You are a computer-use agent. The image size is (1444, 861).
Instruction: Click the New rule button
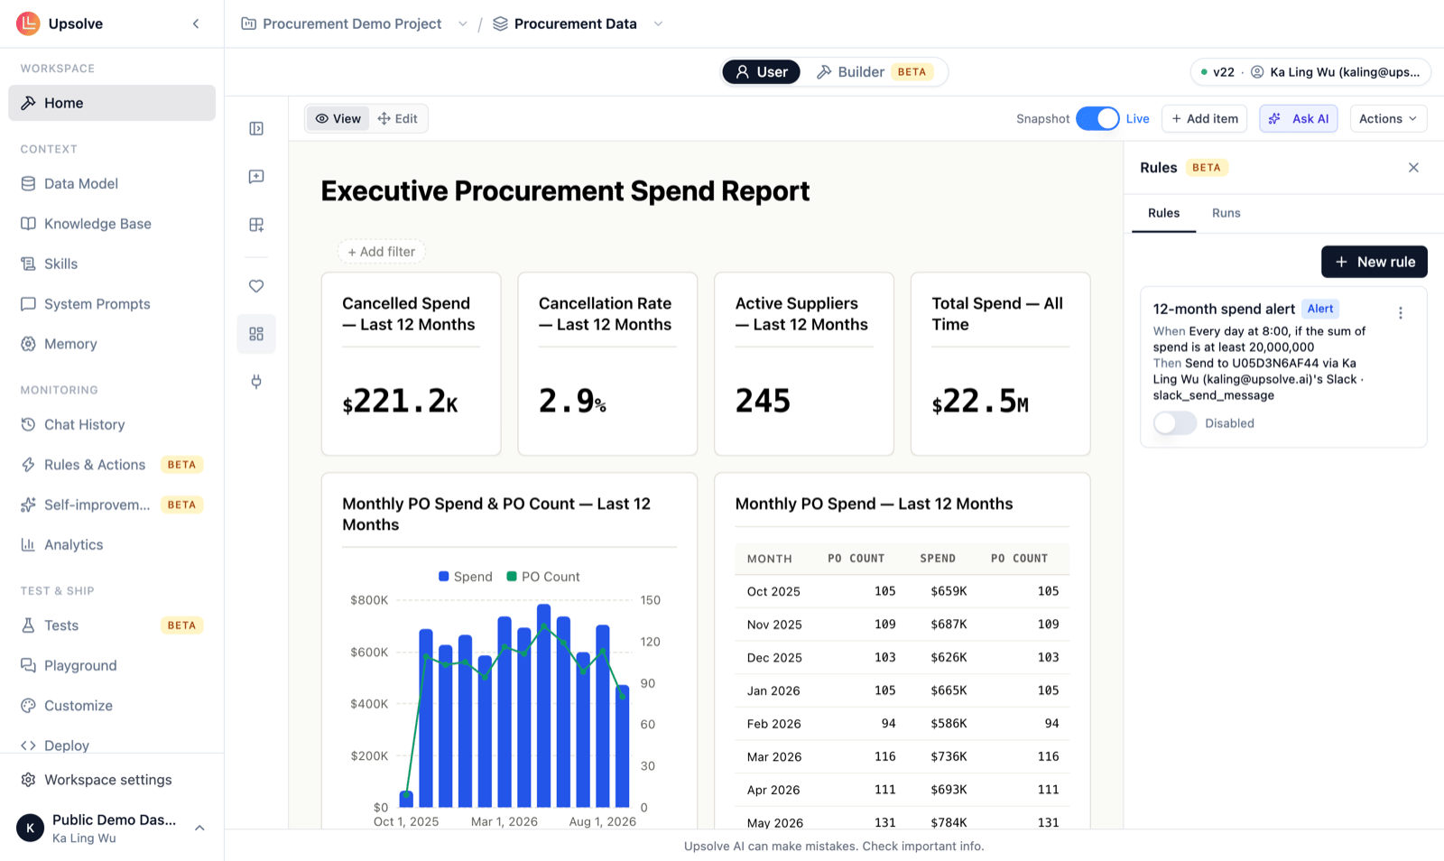1374,262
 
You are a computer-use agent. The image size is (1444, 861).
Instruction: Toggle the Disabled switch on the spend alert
1174,423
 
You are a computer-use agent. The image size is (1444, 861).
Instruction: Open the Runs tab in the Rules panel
1226,213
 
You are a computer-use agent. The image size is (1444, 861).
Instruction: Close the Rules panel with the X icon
1413,168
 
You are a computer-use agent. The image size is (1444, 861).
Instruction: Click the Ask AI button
1299,118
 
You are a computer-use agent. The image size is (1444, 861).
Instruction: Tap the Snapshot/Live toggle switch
1097,118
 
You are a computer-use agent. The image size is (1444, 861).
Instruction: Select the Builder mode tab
875,71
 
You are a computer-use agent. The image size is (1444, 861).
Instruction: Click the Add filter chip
381,251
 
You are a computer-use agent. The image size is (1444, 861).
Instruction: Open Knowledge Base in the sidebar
97,224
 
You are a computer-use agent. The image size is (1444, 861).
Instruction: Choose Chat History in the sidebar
85,425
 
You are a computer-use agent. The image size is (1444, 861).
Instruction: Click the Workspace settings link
107,780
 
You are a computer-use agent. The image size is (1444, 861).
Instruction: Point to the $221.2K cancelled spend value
400,401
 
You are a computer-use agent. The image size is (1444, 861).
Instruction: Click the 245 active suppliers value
763,401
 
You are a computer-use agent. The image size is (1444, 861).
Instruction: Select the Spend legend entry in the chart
466,576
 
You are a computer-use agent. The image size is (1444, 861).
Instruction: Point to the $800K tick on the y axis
369,600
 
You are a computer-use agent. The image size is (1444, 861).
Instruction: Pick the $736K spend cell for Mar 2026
949,756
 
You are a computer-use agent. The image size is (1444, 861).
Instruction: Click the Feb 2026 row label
773,724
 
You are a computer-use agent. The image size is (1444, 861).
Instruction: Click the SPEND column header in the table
938,558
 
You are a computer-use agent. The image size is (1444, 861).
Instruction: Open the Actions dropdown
1388,118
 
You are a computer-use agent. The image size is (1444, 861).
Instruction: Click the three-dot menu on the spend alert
1400,312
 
